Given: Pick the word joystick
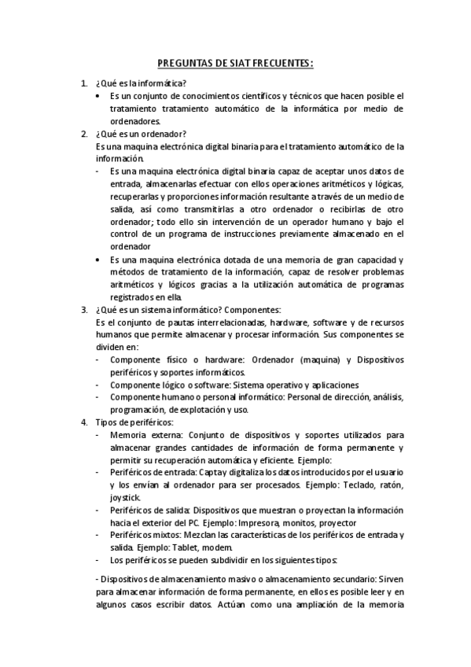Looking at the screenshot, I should pos(125,497).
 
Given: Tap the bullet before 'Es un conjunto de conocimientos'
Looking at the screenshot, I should pos(98,96).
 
